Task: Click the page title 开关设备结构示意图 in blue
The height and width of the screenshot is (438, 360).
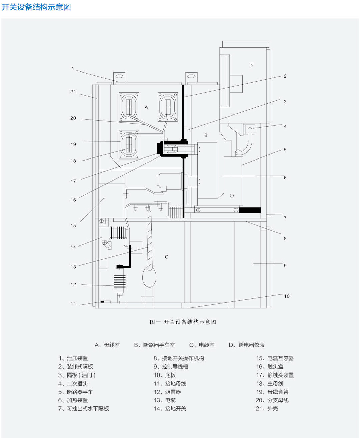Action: pyautogui.click(x=36, y=7)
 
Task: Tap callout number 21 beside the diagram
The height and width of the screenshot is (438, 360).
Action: pyautogui.click(x=73, y=92)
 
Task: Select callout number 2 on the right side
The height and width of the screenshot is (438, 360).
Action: pyautogui.click(x=285, y=76)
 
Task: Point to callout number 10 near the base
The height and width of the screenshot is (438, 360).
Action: pyautogui.click(x=287, y=296)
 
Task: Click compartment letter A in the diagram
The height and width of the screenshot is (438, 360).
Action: pyautogui.click(x=146, y=107)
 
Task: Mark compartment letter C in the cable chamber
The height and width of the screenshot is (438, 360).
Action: pyautogui.click(x=167, y=257)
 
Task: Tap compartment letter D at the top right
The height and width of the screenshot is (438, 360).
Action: pyautogui.click(x=251, y=66)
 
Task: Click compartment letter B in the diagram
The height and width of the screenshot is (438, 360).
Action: pyautogui.click(x=206, y=135)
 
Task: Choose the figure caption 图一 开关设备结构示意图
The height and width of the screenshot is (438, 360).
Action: pyautogui.click(x=183, y=322)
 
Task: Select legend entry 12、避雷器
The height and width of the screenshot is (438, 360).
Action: pyautogui.click(x=167, y=392)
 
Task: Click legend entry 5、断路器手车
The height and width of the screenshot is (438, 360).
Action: pyautogui.click(x=76, y=392)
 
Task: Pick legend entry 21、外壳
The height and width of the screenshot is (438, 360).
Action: pyautogui.click(x=267, y=409)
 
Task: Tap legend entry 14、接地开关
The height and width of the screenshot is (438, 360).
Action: pyautogui.click(x=170, y=409)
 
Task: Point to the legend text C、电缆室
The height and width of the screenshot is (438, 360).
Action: pyautogui.click(x=202, y=345)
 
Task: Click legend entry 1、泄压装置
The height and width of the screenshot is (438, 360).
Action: pyautogui.click(x=73, y=358)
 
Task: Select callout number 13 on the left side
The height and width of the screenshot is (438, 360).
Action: pyautogui.click(x=73, y=267)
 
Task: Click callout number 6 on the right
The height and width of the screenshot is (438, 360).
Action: pyautogui.click(x=285, y=178)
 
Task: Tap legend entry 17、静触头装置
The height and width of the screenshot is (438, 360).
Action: pyautogui.click(x=275, y=375)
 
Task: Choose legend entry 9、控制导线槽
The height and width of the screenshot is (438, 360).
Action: pyautogui.click(x=171, y=367)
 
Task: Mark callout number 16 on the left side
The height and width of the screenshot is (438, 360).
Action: pyautogui.click(x=73, y=200)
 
